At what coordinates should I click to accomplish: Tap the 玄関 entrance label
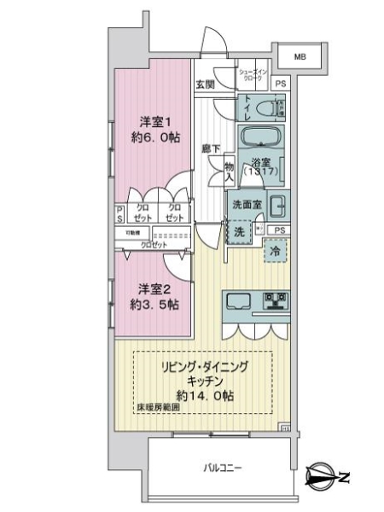click(204, 84)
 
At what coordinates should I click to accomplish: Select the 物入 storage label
click(229, 171)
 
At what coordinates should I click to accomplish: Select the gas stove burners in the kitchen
click(276, 300)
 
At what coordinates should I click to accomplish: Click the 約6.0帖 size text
click(154, 137)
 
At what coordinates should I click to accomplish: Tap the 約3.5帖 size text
click(154, 303)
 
